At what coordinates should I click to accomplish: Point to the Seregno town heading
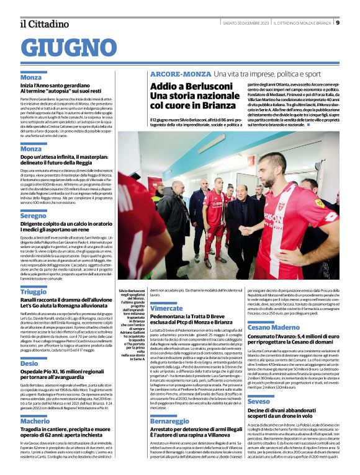pyautogui.click(x=33, y=215)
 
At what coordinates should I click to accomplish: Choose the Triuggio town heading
pyautogui.click(x=33, y=291)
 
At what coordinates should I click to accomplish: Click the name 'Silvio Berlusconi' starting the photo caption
pyautogui.click(x=132, y=290)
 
